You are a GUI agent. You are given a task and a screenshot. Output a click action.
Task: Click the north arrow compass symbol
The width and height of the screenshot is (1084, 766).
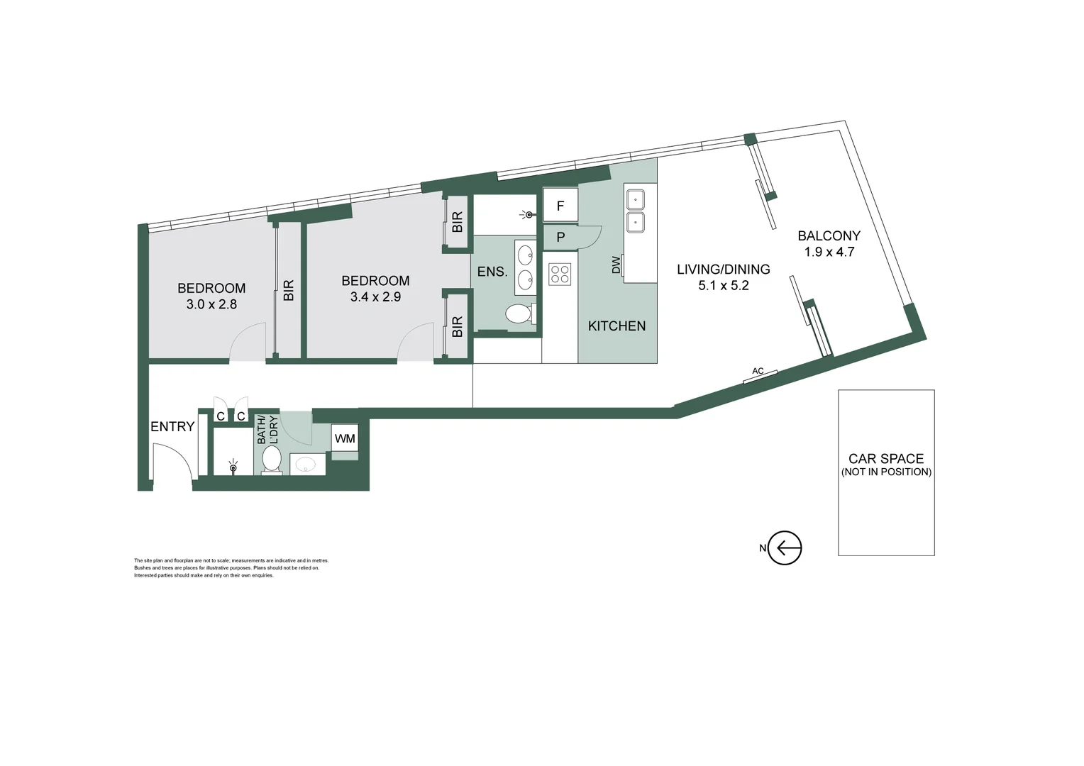pos(785,548)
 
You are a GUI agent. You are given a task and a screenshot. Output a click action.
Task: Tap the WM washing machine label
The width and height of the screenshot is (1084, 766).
pos(345,438)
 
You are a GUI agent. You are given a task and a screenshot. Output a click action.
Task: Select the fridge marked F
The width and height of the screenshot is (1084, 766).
pos(560,206)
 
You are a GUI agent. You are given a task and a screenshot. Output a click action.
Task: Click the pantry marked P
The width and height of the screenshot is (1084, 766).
pos(560,237)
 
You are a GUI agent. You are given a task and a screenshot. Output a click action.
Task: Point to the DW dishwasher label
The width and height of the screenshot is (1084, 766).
pos(616,265)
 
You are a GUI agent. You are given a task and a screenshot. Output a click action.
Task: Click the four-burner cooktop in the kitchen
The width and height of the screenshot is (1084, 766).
pos(560,274)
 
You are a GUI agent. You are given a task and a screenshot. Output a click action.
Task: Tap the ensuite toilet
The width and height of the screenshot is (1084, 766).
pos(520,313)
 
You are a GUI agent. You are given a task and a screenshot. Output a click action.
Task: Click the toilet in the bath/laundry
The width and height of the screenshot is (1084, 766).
pos(272,460)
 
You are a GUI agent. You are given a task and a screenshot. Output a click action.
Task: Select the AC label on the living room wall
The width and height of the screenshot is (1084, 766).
pos(758,371)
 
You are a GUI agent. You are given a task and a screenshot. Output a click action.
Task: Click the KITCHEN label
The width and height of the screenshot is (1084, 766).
pos(616,326)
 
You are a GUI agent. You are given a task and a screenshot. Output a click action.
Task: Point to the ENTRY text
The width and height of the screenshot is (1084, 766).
pos(172,426)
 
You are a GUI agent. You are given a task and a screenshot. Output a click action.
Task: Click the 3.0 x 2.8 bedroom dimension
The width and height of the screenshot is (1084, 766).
pos(211,304)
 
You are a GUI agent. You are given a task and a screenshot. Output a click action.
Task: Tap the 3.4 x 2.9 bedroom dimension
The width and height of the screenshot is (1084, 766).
pos(375,297)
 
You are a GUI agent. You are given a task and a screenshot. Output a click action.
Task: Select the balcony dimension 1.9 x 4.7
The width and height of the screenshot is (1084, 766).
pos(829,252)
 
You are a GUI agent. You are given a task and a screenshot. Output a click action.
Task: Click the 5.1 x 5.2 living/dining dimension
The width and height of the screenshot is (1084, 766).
pos(724,286)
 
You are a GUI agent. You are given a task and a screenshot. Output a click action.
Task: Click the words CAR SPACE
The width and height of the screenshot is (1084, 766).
pos(886,459)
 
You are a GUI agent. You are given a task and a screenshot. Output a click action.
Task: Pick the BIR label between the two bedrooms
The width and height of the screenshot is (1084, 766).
pos(289,290)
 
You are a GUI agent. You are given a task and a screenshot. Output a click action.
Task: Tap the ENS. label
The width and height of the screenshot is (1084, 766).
pos(492,272)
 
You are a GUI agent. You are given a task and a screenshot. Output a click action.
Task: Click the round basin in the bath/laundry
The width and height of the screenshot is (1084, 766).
pos(306,465)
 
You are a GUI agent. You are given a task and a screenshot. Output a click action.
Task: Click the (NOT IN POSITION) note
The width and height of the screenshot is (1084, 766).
pos(886,472)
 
